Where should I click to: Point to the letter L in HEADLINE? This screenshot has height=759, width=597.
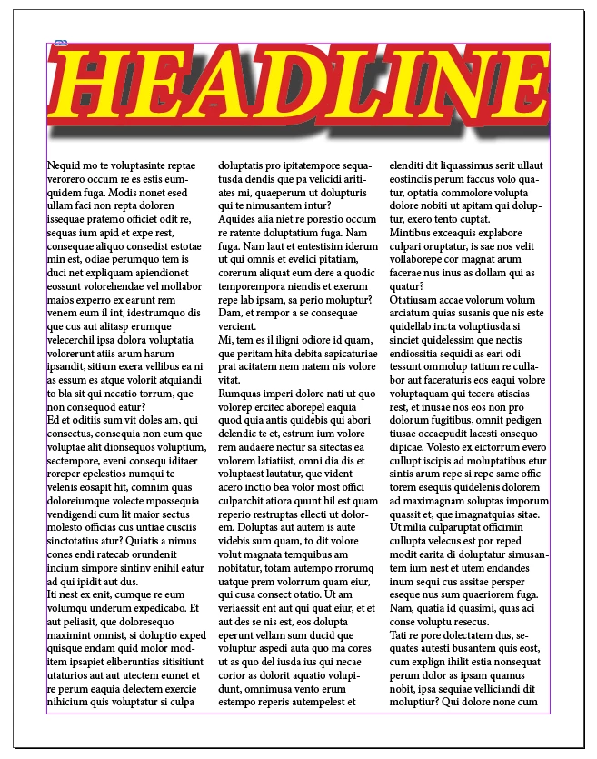point(364,85)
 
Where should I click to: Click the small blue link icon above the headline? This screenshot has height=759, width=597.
point(61,43)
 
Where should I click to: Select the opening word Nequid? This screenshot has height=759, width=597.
point(64,167)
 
